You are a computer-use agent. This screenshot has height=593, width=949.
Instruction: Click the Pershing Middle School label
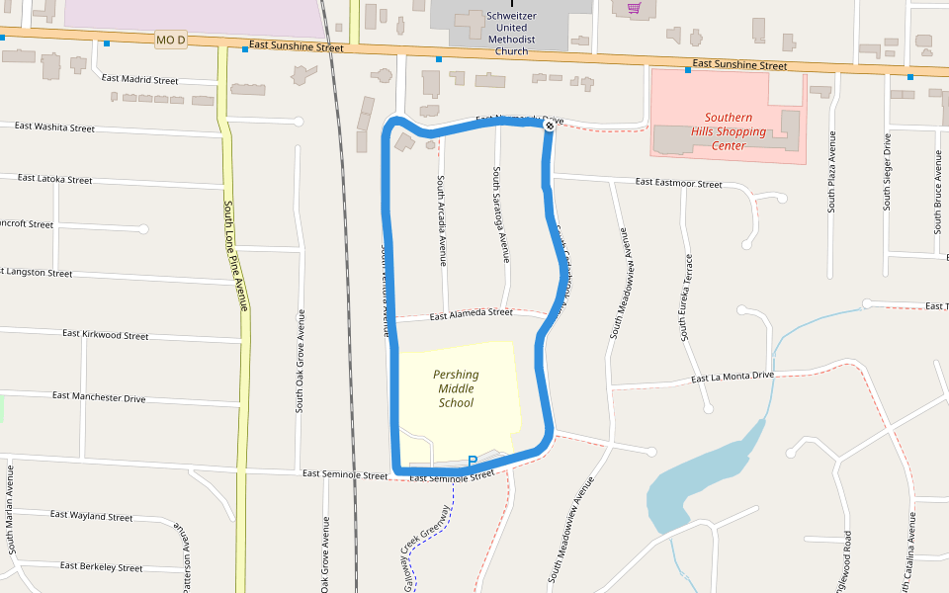(x=456, y=388)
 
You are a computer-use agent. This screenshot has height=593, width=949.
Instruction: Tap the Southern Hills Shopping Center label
(x=729, y=131)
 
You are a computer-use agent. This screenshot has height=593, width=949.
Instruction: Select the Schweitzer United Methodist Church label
(x=511, y=34)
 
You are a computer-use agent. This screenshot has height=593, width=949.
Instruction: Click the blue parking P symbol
(x=473, y=461)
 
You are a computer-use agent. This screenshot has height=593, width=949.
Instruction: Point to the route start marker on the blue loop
(x=550, y=126)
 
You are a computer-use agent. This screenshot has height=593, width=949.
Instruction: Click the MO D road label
(x=171, y=41)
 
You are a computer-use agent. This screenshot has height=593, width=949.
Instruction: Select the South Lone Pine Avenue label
(x=234, y=255)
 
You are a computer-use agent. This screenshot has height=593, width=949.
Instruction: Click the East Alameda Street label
(x=473, y=313)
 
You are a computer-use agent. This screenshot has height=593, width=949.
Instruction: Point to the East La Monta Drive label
(x=733, y=377)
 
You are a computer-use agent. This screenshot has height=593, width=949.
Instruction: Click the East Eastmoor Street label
(x=678, y=183)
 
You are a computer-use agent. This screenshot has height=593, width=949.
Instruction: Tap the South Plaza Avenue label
(x=832, y=171)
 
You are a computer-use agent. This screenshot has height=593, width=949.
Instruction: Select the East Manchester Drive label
(x=99, y=397)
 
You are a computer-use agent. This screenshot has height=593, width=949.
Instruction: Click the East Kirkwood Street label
(x=106, y=335)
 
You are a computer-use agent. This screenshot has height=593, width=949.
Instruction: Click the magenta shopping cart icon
(x=634, y=8)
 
